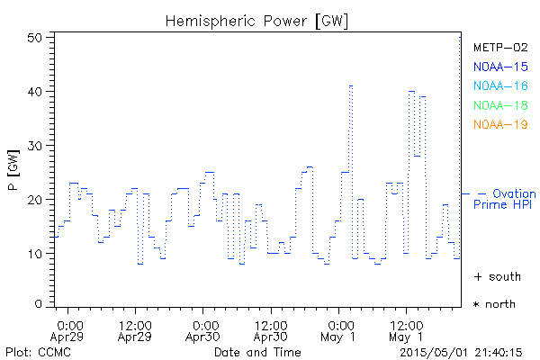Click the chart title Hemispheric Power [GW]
tap(257, 20)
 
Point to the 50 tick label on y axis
tap(35, 38)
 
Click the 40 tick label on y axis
tap(35, 92)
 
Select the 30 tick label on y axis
tap(35, 146)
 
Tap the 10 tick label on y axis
tap(35, 254)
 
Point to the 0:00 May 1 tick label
tap(340, 329)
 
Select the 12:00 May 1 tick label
tap(407, 329)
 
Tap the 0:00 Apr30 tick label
tap(204, 329)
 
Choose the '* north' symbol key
tap(495, 304)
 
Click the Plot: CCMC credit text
tap(37, 352)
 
